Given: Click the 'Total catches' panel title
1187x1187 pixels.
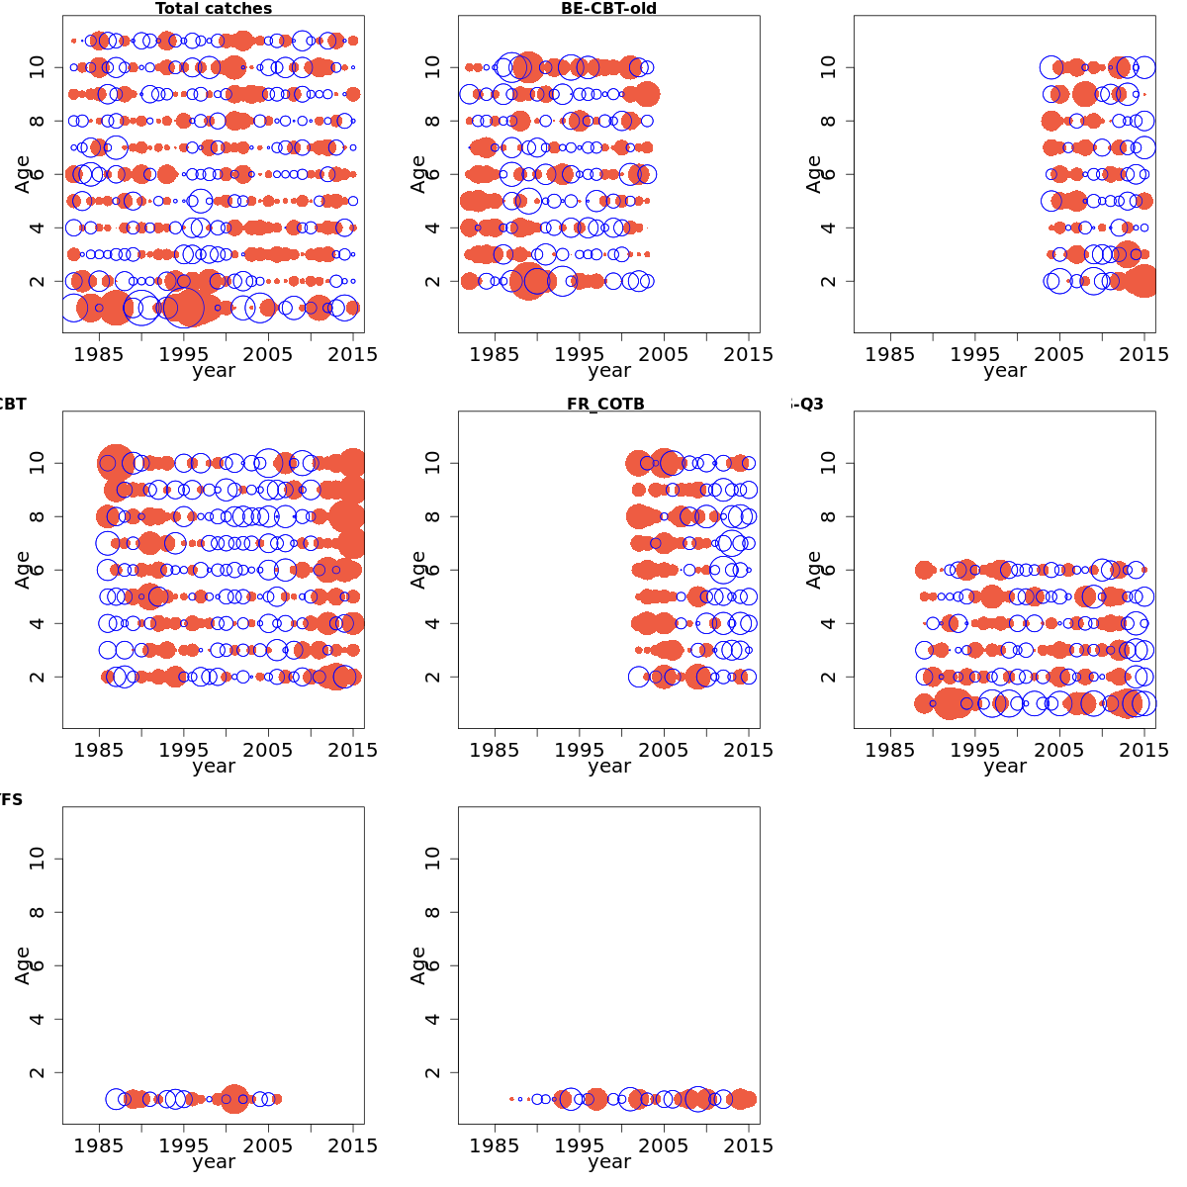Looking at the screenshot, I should pos(214,9).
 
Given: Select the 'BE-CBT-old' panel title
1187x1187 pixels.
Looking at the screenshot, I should pos(608,9).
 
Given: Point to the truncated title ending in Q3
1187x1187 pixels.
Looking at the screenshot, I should pos(808,405).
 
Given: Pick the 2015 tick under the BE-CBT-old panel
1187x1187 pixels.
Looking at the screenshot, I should pos(749,354).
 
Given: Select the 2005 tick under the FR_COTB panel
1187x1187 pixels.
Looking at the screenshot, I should pos(664,750).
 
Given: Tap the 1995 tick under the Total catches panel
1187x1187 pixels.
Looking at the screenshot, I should pos(184,354).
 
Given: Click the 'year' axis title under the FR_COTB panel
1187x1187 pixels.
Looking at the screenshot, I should pos(608,767).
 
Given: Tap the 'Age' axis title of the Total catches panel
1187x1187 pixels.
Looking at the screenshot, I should pos(23,174).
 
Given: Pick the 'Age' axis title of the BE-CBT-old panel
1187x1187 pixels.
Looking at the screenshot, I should pos(418,174).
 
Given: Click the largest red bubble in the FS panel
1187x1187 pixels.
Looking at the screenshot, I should pos(234,1099).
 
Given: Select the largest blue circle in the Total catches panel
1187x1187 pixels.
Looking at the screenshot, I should pos(184,308).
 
